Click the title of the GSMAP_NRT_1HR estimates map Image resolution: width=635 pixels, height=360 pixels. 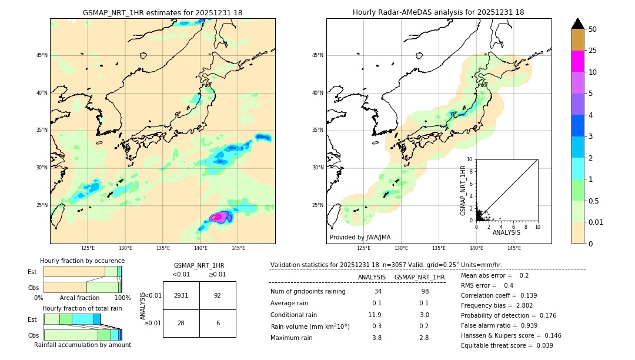(162, 12)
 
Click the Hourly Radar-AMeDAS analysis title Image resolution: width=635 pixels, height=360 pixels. (438, 12)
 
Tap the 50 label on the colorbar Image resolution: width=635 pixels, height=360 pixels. (593, 29)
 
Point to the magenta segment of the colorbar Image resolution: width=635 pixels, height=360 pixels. (577, 61)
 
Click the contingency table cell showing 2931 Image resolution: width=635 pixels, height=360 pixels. (181, 295)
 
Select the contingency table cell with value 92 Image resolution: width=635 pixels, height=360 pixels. (218, 295)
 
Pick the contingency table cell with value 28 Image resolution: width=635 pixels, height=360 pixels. (181, 323)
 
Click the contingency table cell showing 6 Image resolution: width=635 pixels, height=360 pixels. (218, 323)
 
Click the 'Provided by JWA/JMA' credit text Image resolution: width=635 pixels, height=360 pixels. (360, 237)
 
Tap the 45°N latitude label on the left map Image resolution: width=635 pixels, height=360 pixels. (42, 55)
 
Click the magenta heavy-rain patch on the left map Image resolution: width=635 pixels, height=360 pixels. (217, 216)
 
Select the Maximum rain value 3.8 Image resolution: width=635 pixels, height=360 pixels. (377, 338)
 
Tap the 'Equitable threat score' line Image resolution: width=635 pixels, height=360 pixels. (507, 345)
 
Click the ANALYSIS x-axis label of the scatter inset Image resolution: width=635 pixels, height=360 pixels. (506, 232)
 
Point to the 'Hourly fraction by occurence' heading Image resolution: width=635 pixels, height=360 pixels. (82, 261)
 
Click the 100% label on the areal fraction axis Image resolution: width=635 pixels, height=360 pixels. (122, 298)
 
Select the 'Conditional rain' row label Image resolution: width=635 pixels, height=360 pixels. (295, 315)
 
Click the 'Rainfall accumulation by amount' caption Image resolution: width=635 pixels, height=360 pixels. (82, 345)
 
